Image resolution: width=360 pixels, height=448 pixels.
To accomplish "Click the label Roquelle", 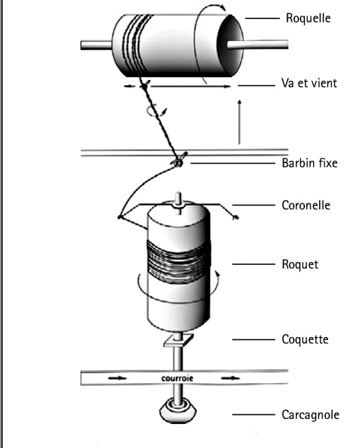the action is [308, 18].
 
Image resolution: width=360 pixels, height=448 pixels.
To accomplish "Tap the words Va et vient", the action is [309, 83].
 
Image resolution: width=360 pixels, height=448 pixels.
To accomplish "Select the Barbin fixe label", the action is [310, 163].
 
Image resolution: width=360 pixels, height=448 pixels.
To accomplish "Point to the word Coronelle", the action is [306, 205].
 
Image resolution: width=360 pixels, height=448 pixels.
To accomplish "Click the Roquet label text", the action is [300, 264].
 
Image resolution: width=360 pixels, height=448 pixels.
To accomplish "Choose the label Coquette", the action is [305, 339].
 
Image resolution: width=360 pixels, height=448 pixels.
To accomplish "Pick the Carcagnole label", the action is [310, 415].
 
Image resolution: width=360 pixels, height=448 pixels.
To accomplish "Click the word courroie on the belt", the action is [178, 378].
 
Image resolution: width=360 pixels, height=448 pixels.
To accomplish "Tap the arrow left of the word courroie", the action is [117, 378].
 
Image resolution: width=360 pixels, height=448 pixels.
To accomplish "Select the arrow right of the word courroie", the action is [231, 378].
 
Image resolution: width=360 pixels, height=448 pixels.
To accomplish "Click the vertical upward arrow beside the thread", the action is [239, 122].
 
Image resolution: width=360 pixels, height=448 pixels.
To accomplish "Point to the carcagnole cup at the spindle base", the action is [178, 411].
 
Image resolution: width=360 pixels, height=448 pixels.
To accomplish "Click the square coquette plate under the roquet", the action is [178, 341].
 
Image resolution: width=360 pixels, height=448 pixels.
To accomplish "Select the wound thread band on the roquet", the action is [179, 261].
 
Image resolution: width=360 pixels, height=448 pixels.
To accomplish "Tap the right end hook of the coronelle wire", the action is [236, 218].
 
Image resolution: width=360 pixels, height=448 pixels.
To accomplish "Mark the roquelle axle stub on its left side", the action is [96, 45].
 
